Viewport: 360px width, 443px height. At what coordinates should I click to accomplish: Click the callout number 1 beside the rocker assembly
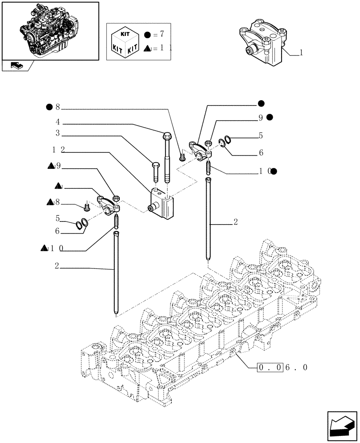point(301,53)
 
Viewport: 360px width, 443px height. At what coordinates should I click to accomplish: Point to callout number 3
point(58,133)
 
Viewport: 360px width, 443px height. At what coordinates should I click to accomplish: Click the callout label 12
point(57,150)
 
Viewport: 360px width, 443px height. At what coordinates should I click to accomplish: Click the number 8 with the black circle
point(57,107)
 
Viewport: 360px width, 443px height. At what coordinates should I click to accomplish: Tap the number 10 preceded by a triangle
point(56,248)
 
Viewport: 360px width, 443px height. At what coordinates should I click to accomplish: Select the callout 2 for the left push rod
point(58,266)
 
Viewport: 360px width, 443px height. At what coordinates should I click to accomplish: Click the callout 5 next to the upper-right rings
point(261,136)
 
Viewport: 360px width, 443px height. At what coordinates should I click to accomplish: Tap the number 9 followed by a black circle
point(261,118)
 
